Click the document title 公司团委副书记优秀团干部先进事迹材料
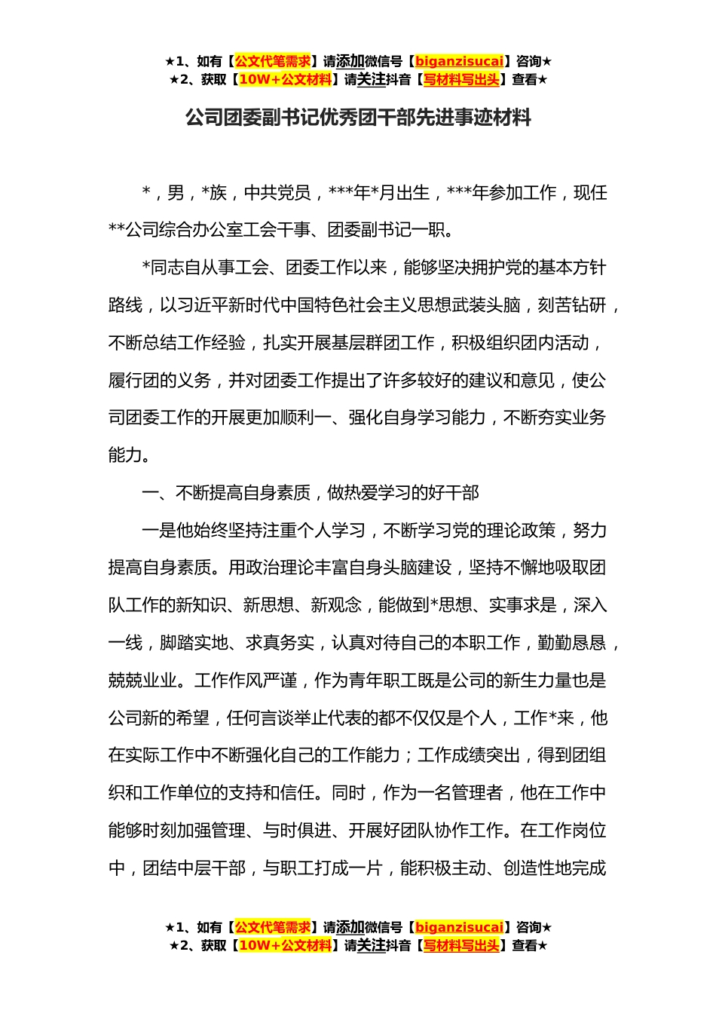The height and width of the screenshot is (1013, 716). click(x=358, y=118)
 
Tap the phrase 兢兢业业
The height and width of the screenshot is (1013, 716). click(x=142, y=681)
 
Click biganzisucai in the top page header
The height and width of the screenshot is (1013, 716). click(x=459, y=62)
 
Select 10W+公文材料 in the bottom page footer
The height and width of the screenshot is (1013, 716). click(x=285, y=945)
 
